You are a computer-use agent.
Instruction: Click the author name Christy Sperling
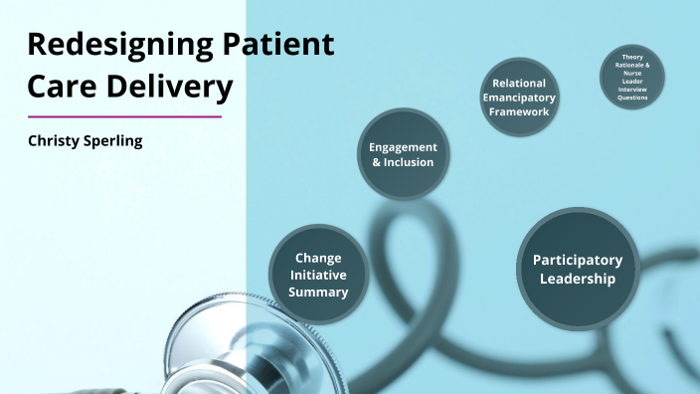tap(85, 141)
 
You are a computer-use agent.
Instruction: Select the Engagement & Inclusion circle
tap(396, 154)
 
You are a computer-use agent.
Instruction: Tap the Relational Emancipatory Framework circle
tap(519, 98)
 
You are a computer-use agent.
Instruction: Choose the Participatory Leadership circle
tap(578, 270)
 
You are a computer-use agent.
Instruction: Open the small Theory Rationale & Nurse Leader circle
tap(632, 77)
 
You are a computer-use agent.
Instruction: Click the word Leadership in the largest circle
tap(578, 280)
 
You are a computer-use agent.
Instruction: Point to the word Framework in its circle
tap(519, 111)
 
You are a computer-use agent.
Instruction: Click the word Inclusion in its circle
tap(402, 162)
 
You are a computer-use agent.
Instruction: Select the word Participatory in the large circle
tap(578, 261)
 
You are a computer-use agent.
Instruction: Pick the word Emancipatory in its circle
tap(519, 98)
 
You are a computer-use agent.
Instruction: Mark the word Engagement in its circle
tap(396, 146)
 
